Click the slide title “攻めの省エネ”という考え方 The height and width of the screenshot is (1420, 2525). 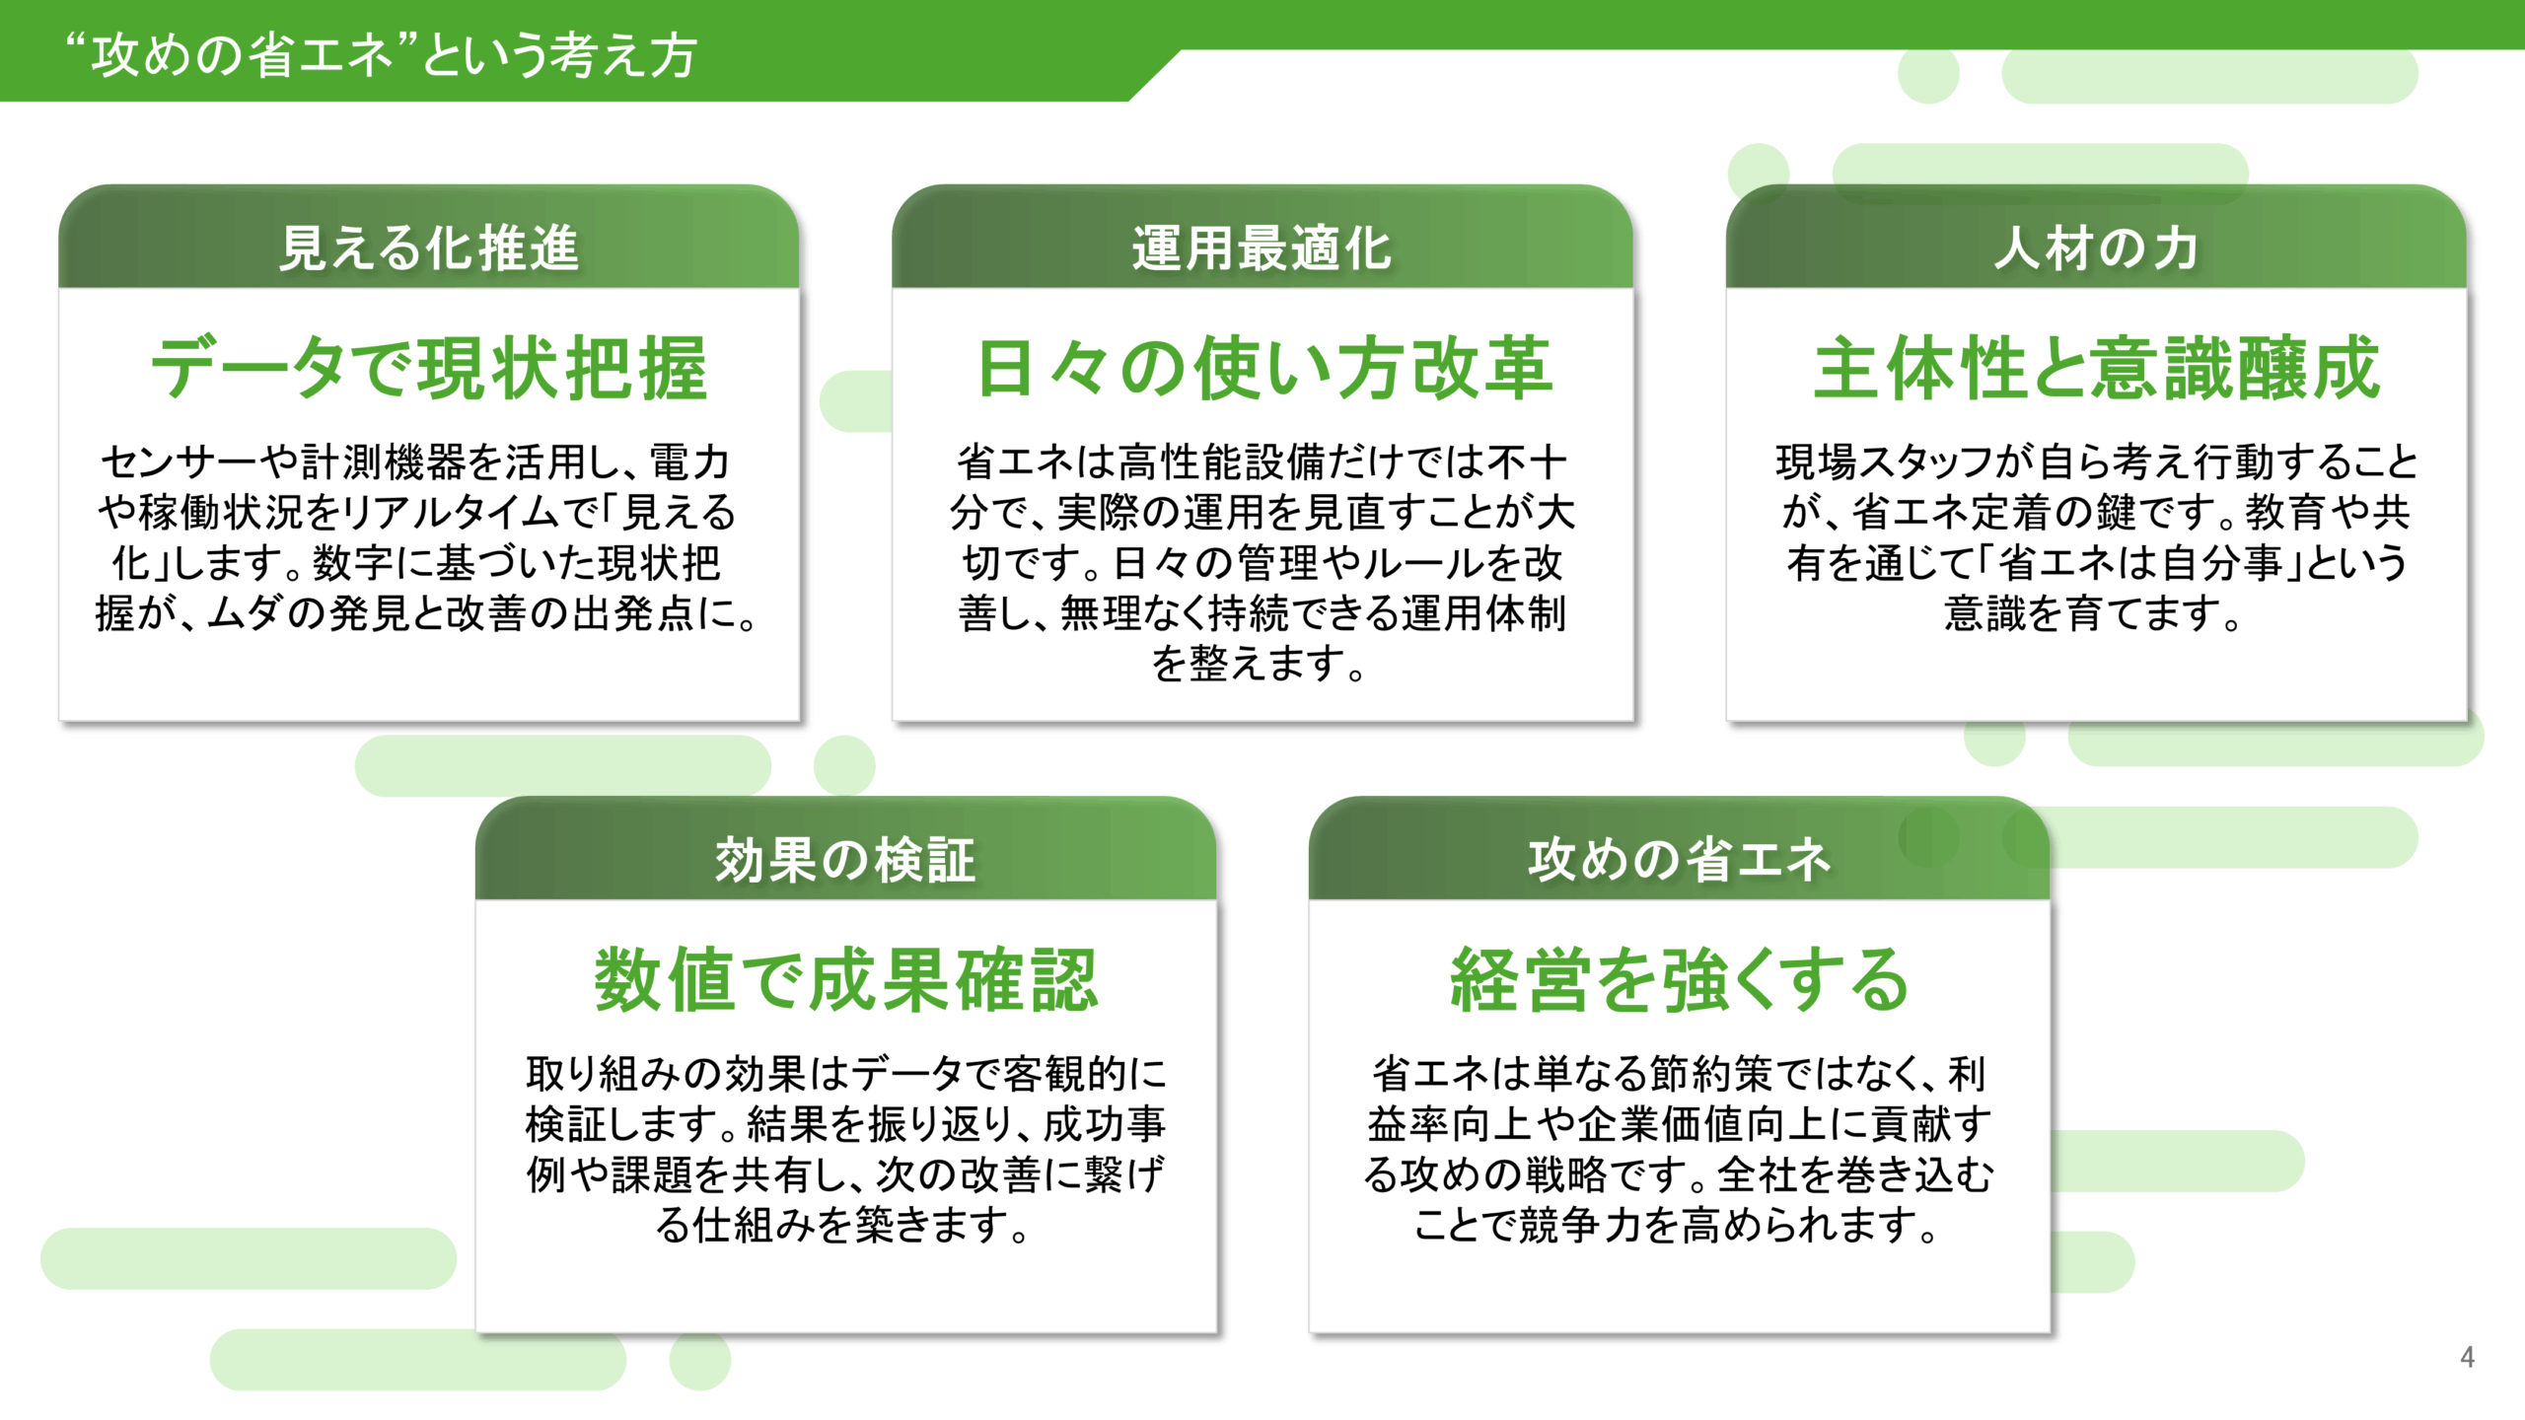pos(381,54)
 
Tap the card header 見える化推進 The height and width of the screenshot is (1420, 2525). pos(428,248)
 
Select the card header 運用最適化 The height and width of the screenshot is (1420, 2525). pos(1262,248)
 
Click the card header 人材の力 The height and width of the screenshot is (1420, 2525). pos(2096,248)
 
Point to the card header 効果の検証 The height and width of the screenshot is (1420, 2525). pos(845,859)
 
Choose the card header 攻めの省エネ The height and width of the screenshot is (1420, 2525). pos(1679,859)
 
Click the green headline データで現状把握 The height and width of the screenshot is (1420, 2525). pos(428,368)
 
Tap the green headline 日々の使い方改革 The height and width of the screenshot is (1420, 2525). pos(1263,368)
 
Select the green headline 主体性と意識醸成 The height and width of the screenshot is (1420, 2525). pos(2096,368)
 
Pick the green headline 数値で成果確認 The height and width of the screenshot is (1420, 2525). pos(845,980)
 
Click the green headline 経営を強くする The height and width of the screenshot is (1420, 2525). pos(1679,980)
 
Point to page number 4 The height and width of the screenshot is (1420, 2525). pos(2467,1358)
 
